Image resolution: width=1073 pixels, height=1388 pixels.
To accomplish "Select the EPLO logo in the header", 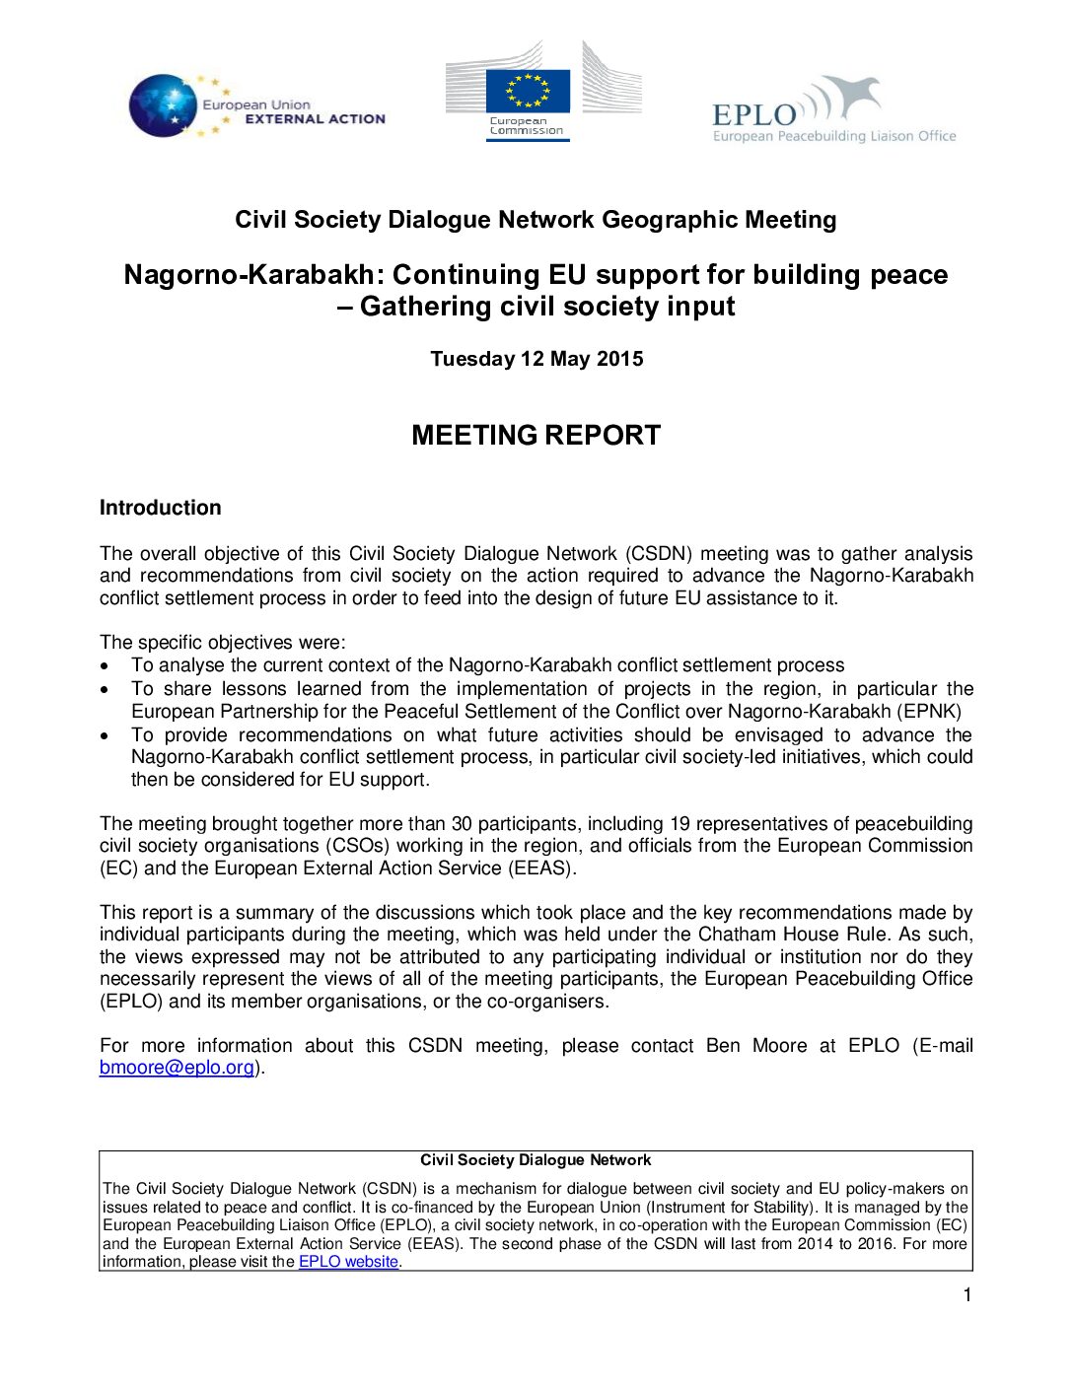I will click(833, 110).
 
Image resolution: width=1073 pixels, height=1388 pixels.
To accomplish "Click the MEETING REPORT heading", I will click(536, 435).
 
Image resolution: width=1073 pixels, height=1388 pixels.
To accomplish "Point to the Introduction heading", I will click(160, 508).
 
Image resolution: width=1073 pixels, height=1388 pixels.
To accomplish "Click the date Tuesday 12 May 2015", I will click(536, 359).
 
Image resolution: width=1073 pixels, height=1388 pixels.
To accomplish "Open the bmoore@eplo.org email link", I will click(177, 1068).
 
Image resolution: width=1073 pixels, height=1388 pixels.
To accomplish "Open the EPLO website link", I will click(348, 1262).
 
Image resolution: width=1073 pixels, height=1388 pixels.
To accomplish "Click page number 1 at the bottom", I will click(966, 1295).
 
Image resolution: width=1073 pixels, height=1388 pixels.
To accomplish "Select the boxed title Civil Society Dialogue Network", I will click(536, 1160).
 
